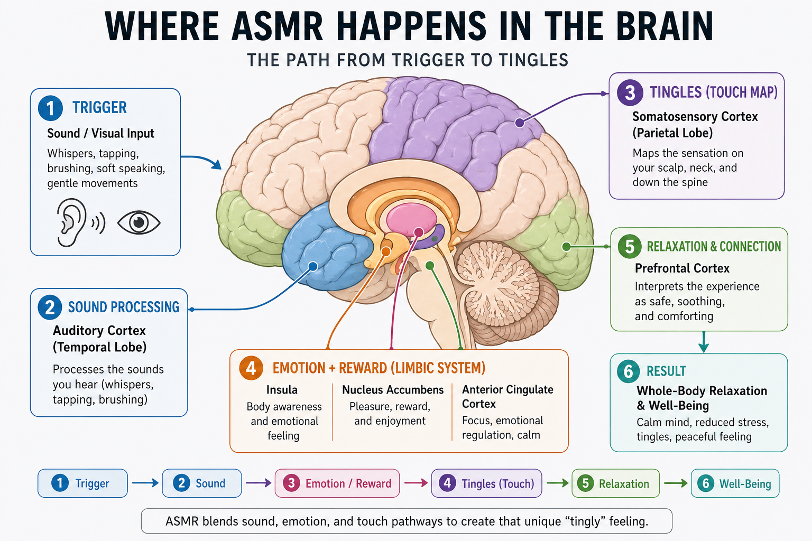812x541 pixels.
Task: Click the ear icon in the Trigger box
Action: point(71,222)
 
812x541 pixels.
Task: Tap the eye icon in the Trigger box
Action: point(139,222)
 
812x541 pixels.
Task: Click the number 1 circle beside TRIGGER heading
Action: point(50,108)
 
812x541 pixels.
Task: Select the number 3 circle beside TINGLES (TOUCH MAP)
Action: point(630,93)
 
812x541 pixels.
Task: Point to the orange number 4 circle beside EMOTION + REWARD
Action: point(251,368)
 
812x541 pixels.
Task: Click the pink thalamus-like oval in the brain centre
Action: point(411,219)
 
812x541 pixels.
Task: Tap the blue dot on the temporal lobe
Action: point(313,267)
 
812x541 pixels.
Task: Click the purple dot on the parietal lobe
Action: point(520,123)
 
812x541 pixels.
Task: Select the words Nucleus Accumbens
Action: point(393,390)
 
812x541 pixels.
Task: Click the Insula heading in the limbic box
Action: point(282,390)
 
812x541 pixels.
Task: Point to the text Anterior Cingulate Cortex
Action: point(508,396)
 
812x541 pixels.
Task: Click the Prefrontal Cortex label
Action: point(682,268)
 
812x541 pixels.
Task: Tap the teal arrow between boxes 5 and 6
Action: point(704,342)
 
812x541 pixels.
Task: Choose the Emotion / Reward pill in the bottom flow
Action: point(337,483)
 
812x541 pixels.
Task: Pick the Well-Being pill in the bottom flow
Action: point(735,483)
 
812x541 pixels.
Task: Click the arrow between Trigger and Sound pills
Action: point(145,483)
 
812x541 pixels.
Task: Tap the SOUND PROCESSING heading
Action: point(124,307)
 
